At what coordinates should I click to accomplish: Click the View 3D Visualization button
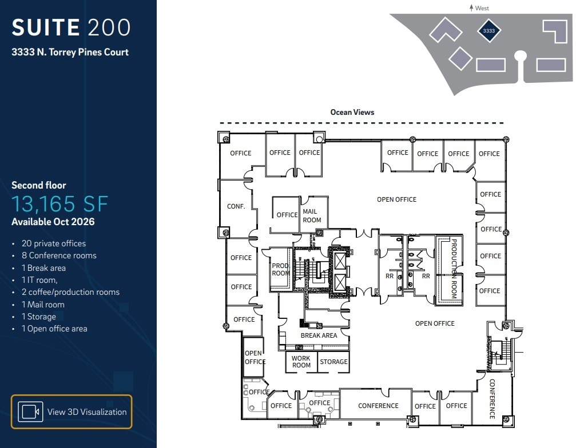coord(71,411)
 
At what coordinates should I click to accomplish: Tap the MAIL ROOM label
coord(312,216)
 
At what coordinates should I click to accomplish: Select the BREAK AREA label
coord(319,335)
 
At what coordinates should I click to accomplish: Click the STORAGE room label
coord(333,362)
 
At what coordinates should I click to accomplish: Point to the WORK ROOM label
coord(301,362)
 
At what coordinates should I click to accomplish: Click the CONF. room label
coord(236,206)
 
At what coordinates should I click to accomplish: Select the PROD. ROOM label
coord(281,270)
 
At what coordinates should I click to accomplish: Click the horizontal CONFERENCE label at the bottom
coord(378,406)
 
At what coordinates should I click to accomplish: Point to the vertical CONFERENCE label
coord(492,398)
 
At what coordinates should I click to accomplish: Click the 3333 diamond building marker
coord(488,31)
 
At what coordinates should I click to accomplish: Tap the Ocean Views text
coord(352,112)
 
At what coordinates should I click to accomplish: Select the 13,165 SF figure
coord(59,204)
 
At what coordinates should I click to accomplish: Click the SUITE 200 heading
coord(71,27)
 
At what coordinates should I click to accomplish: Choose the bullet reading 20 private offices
coord(53,243)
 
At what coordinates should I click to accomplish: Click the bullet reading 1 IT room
coord(43,280)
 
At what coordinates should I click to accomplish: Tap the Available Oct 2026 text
coord(53,222)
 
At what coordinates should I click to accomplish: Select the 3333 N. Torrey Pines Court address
coord(70,52)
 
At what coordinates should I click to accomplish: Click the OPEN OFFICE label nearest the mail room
coord(396,199)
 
